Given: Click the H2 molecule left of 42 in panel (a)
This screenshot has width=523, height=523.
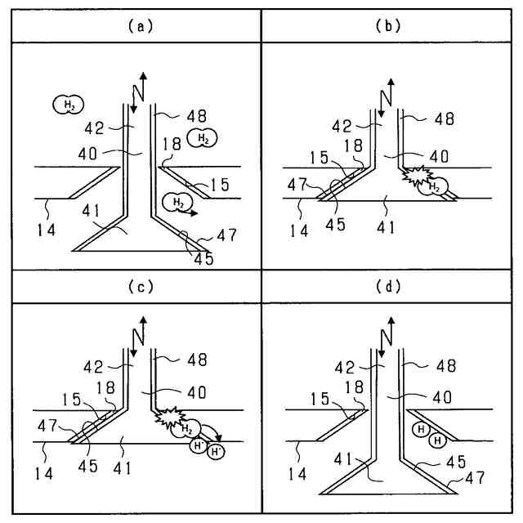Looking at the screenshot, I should click(x=68, y=104).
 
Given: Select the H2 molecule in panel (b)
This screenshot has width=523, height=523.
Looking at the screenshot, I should click(x=433, y=188).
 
